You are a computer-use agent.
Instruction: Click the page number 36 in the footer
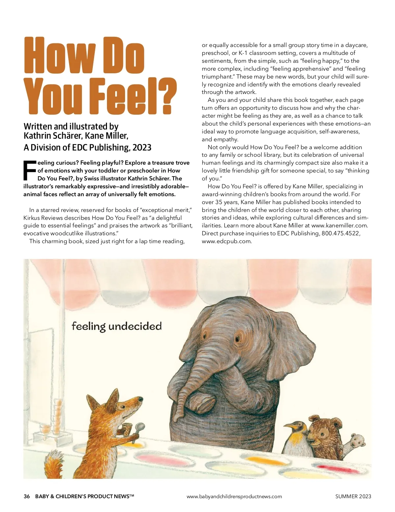click(27, 496)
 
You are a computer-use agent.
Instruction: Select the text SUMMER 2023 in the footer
click(353, 496)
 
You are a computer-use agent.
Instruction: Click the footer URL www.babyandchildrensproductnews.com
click(234, 496)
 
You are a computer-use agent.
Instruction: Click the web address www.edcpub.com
click(226, 241)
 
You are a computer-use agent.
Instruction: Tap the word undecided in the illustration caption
click(135, 326)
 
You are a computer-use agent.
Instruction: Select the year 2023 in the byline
click(142, 147)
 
